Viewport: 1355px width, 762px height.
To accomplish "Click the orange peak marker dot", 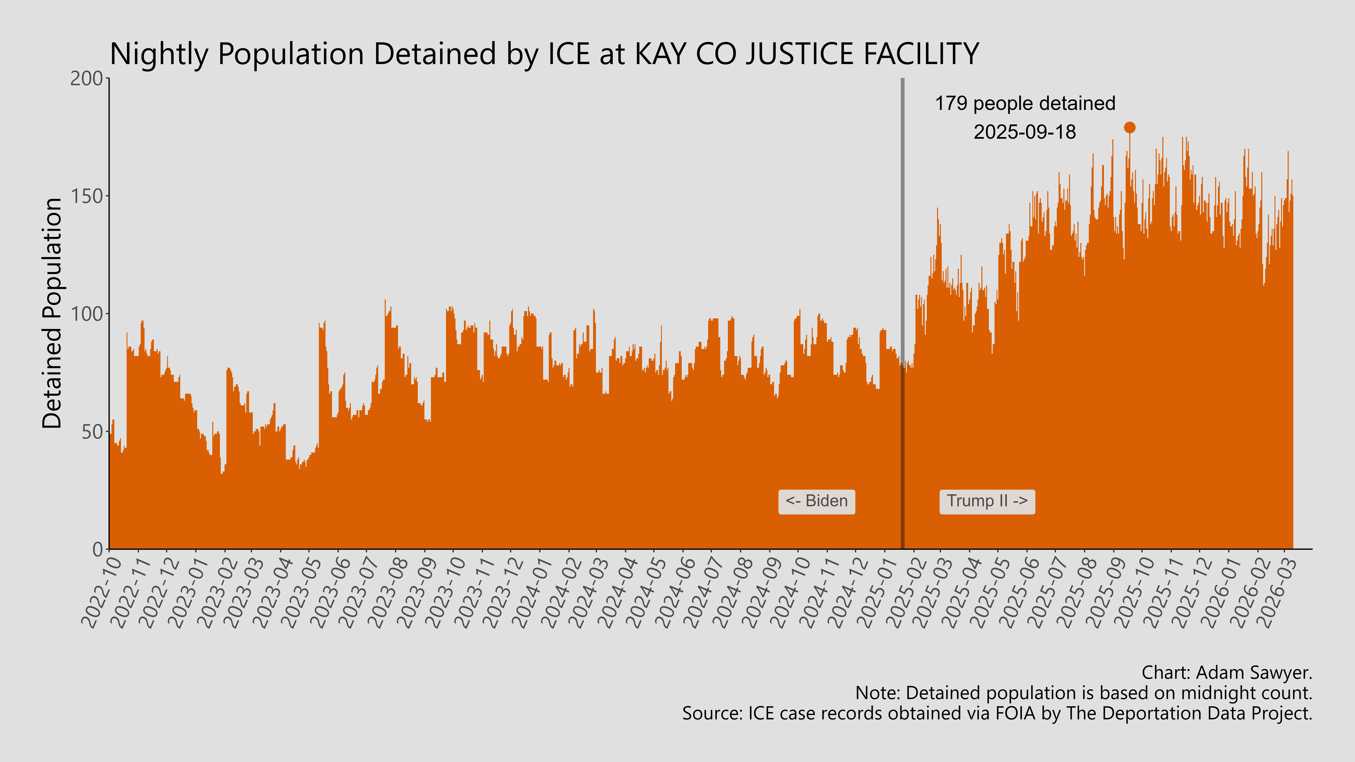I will (1129, 127).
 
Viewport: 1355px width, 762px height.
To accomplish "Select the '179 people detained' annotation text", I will (1025, 104).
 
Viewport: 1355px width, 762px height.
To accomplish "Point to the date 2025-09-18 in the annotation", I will (1025, 132).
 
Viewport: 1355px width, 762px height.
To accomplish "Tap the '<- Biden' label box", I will (816, 501).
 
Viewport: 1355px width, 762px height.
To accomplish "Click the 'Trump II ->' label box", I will (987, 501).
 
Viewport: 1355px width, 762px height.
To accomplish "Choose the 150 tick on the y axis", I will (87, 196).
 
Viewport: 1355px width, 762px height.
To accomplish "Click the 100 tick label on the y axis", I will (87, 314).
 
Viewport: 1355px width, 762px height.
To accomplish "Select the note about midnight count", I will (1084, 693).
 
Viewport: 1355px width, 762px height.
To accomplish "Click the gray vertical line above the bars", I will (903, 210).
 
